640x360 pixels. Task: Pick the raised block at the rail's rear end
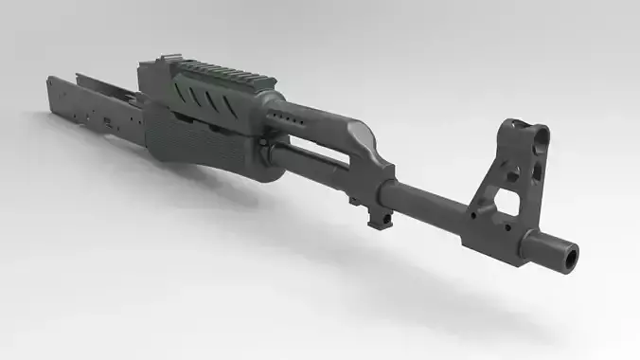click(x=156, y=69)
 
